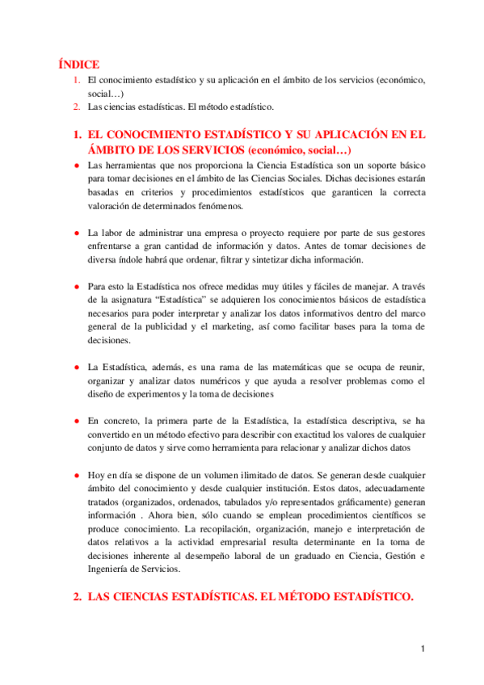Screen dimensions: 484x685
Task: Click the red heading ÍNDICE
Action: click(x=78, y=63)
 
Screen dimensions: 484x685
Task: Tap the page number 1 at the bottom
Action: click(x=423, y=649)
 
